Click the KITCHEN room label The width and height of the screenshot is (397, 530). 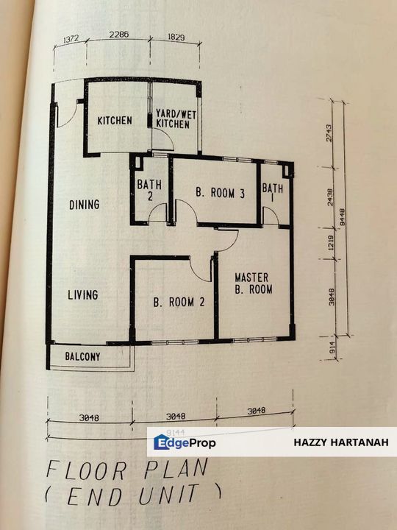click(115, 120)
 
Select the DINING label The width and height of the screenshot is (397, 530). click(85, 205)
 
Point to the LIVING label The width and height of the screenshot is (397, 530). click(83, 295)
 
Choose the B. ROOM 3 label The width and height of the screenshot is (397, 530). click(220, 193)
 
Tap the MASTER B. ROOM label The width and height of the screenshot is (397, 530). click(254, 283)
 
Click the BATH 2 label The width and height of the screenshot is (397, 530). click(149, 191)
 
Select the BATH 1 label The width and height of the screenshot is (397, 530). click(272, 193)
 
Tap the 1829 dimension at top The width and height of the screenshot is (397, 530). click(174, 35)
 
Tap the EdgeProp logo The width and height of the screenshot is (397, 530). click(185, 442)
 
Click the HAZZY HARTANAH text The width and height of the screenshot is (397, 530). click(340, 442)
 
